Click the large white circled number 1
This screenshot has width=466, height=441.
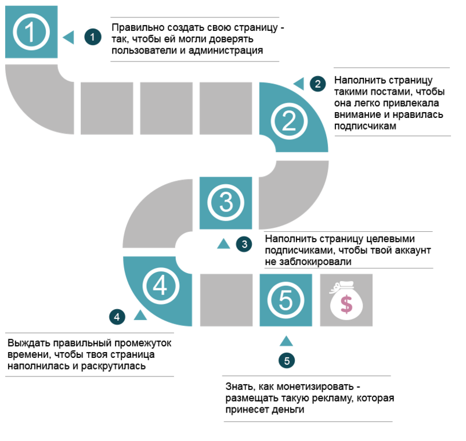pyautogui.click(x=31, y=32)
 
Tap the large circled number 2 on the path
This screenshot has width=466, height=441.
pyautogui.click(x=289, y=121)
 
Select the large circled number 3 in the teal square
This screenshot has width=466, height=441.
pyautogui.click(x=226, y=203)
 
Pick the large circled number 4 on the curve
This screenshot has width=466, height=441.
pyautogui.click(x=161, y=286)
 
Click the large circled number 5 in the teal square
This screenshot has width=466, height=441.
pyautogui.click(x=286, y=300)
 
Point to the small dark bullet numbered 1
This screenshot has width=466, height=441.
pyautogui.click(x=93, y=37)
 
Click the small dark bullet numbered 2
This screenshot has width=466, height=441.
pyautogui.click(x=317, y=84)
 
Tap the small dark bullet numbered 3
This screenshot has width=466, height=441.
pyautogui.click(x=244, y=244)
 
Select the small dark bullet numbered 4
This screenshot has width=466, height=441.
pyautogui.click(x=117, y=317)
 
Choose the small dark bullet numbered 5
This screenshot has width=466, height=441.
pyautogui.click(x=287, y=361)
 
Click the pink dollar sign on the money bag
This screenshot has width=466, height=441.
pyautogui.click(x=346, y=304)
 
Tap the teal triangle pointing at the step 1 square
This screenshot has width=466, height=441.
pyautogui.click(x=68, y=38)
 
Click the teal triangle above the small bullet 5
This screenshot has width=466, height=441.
pyautogui.click(x=286, y=341)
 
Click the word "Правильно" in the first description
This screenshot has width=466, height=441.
pyautogui.click(x=138, y=27)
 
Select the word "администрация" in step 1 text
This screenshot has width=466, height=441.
pyautogui.click(x=226, y=51)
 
